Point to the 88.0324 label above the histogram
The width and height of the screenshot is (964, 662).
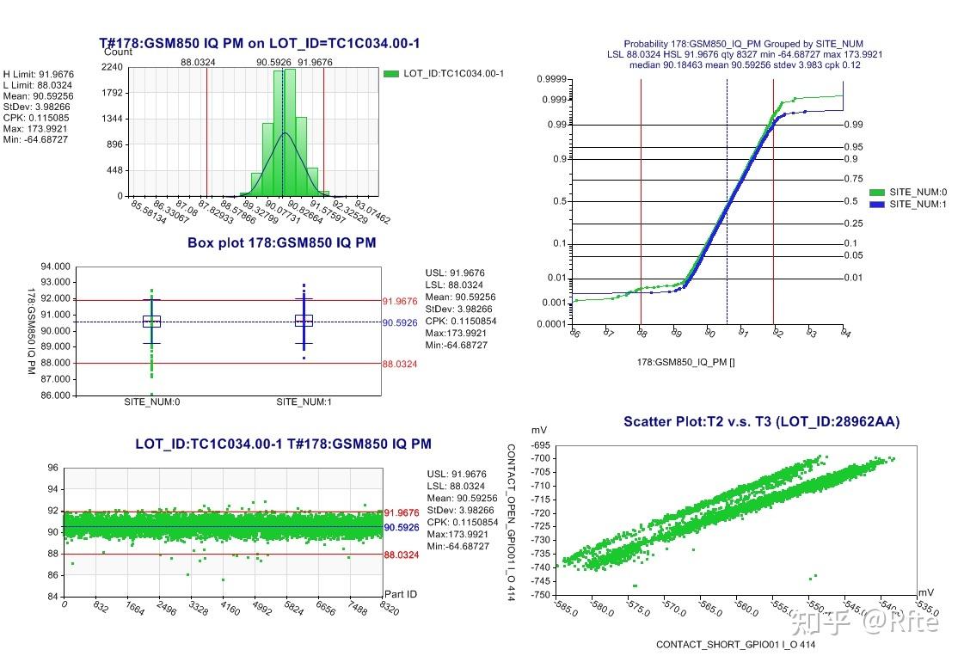(198, 62)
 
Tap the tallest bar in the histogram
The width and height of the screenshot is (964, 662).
(290, 132)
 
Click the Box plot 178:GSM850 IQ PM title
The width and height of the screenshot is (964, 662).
(281, 242)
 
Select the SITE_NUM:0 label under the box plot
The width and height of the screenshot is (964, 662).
(151, 402)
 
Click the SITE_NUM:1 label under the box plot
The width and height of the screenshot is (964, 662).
(304, 402)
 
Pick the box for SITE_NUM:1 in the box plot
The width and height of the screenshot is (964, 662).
(304, 321)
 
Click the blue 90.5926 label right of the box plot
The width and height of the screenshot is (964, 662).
(401, 322)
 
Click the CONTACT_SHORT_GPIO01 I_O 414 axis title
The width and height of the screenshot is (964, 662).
(735, 644)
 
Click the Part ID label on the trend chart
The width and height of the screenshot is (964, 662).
(401, 594)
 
